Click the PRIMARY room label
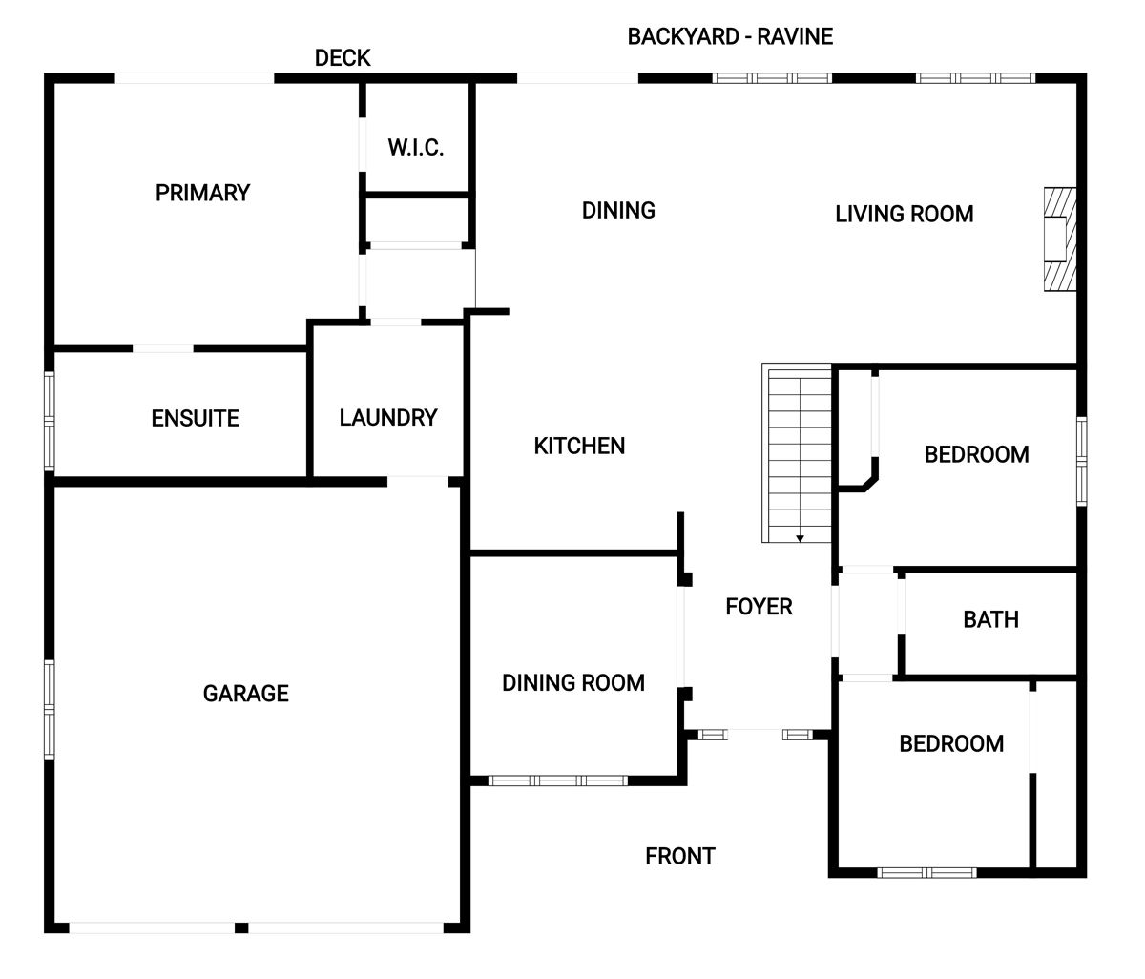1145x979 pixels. (202, 193)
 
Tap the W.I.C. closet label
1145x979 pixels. (416, 147)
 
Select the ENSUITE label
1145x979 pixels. (196, 418)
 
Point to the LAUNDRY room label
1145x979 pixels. (388, 418)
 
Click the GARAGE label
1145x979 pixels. (246, 694)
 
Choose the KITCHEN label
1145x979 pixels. (579, 446)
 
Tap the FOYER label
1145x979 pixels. (759, 607)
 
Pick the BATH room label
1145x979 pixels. (991, 619)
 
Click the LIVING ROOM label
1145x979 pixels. (905, 214)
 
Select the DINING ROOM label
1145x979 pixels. (573, 682)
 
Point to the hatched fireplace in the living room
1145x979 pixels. (1060, 240)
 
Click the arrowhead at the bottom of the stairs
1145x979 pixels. (800, 538)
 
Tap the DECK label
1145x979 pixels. (343, 58)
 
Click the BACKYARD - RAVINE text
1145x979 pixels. (730, 36)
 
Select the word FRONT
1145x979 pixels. (680, 856)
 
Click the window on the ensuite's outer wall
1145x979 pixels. (50, 421)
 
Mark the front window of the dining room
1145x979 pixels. (557, 781)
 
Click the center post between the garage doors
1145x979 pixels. (241, 928)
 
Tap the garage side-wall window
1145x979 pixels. (50, 709)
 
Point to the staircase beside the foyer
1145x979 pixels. (797, 452)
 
